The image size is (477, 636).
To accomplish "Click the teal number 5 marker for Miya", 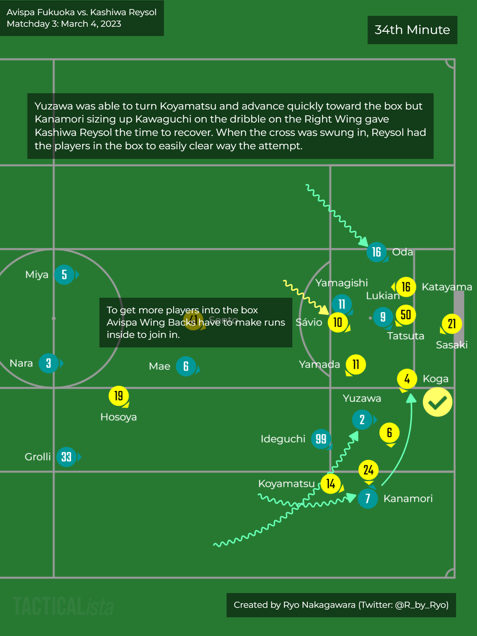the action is (x=64, y=275).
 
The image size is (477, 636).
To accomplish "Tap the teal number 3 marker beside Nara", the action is (x=48, y=363).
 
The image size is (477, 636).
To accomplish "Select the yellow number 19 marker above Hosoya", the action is (x=119, y=396).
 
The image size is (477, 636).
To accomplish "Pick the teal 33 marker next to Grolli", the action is (x=66, y=457).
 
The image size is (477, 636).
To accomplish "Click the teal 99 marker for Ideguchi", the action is (x=321, y=439).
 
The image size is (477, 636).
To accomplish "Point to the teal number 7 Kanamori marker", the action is (x=368, y=498).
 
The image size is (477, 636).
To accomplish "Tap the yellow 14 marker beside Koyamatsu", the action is (x=331, y=484).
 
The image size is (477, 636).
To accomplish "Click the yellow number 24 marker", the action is (x=368, y=470).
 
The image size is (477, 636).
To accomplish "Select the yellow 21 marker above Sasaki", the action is (x=452, y=324).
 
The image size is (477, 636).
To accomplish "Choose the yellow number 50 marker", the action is (x=406, y=314).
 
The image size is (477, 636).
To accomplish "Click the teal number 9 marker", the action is (x=383, y=317).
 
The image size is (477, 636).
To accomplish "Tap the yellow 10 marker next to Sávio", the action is (x=338, y=322).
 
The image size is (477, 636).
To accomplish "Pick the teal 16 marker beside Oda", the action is (x=377, y=252).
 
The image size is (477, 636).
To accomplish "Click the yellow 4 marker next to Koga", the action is (x=407, y=379).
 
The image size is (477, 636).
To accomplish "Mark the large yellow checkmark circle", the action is (x=437, y=402).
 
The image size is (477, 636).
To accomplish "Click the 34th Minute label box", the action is (x=412, y=30).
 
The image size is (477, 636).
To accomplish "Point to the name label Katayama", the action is (x=447, y=287).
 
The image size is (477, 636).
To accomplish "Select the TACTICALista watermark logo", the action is (x=63, y=606).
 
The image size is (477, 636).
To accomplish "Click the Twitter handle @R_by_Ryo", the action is (x=421, y=605).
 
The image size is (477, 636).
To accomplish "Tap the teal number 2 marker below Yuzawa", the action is (x=362, y=420).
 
